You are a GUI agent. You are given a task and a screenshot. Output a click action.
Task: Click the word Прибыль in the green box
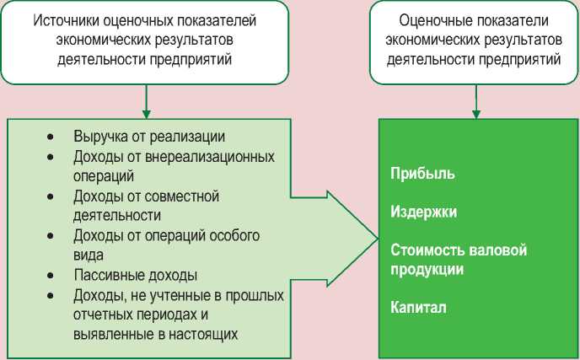tap(423, 174)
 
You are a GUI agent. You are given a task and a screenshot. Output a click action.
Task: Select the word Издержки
tap(424, 212)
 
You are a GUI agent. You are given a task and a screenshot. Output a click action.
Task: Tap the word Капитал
tap(418, 308)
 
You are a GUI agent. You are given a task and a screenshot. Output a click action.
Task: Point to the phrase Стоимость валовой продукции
tap(458, 260)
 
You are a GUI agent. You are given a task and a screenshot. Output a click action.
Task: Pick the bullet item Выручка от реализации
tap(149, 137)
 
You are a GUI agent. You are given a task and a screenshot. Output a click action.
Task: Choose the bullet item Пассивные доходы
tap(135, 275)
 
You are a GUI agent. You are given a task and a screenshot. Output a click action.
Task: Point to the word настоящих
tap(201, 333)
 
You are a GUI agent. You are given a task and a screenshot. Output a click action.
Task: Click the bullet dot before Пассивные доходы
tap(51, 276)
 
